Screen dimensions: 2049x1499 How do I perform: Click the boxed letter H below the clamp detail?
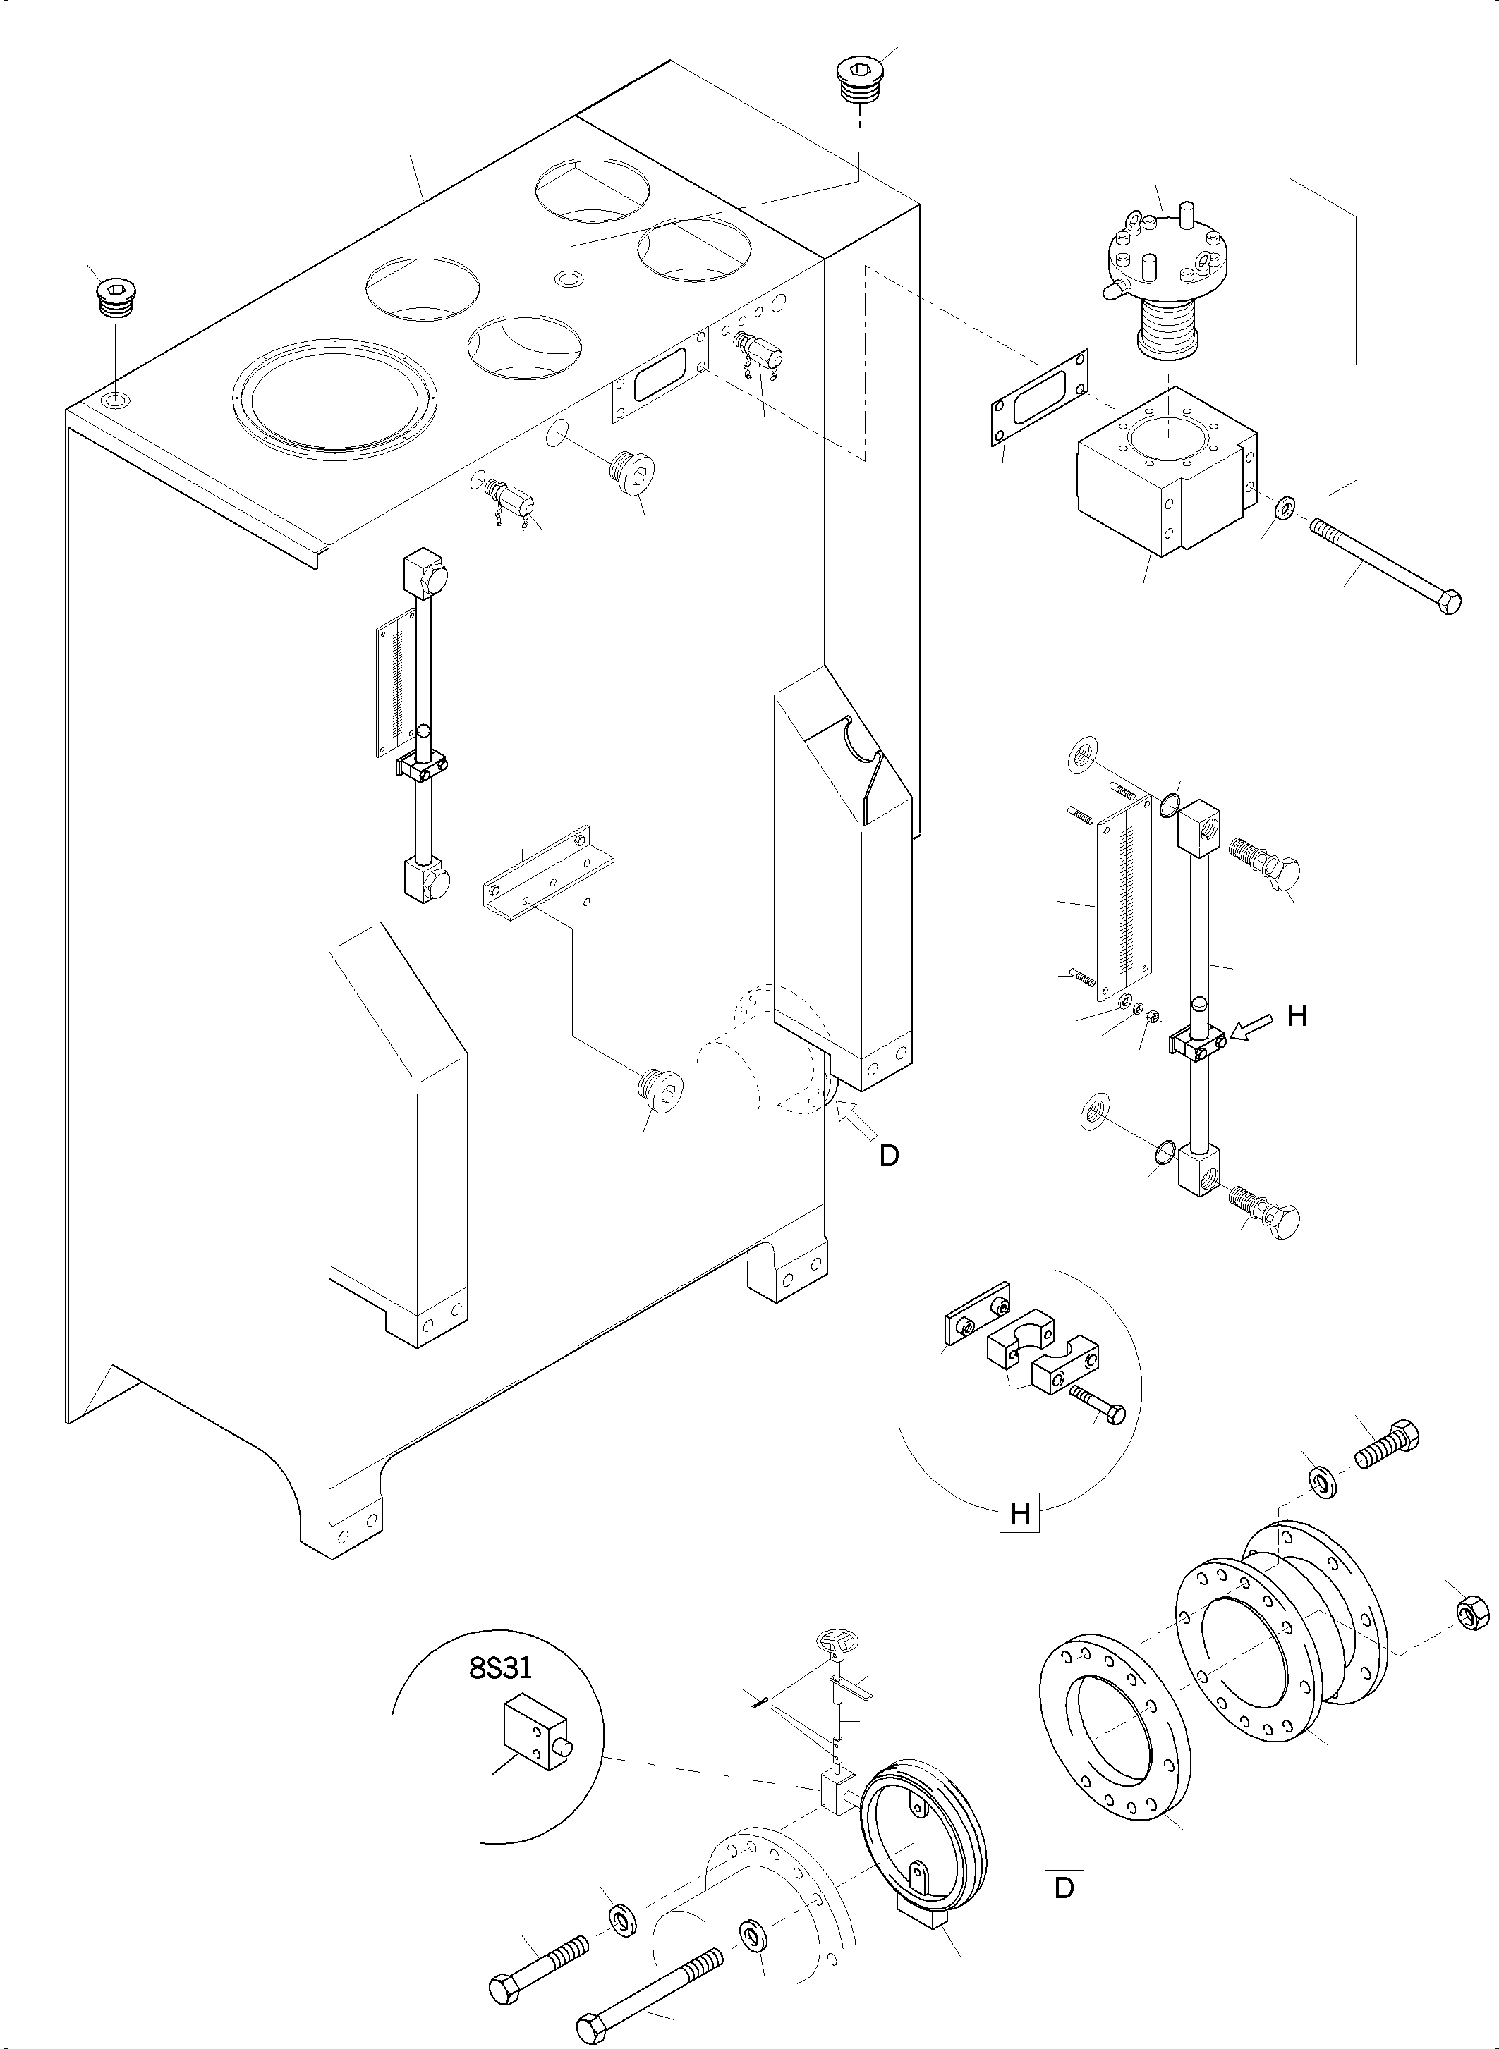point(1019,1514)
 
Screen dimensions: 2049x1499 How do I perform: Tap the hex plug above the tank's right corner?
point(858,78)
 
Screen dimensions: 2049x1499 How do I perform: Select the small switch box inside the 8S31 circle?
point(535,1733)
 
